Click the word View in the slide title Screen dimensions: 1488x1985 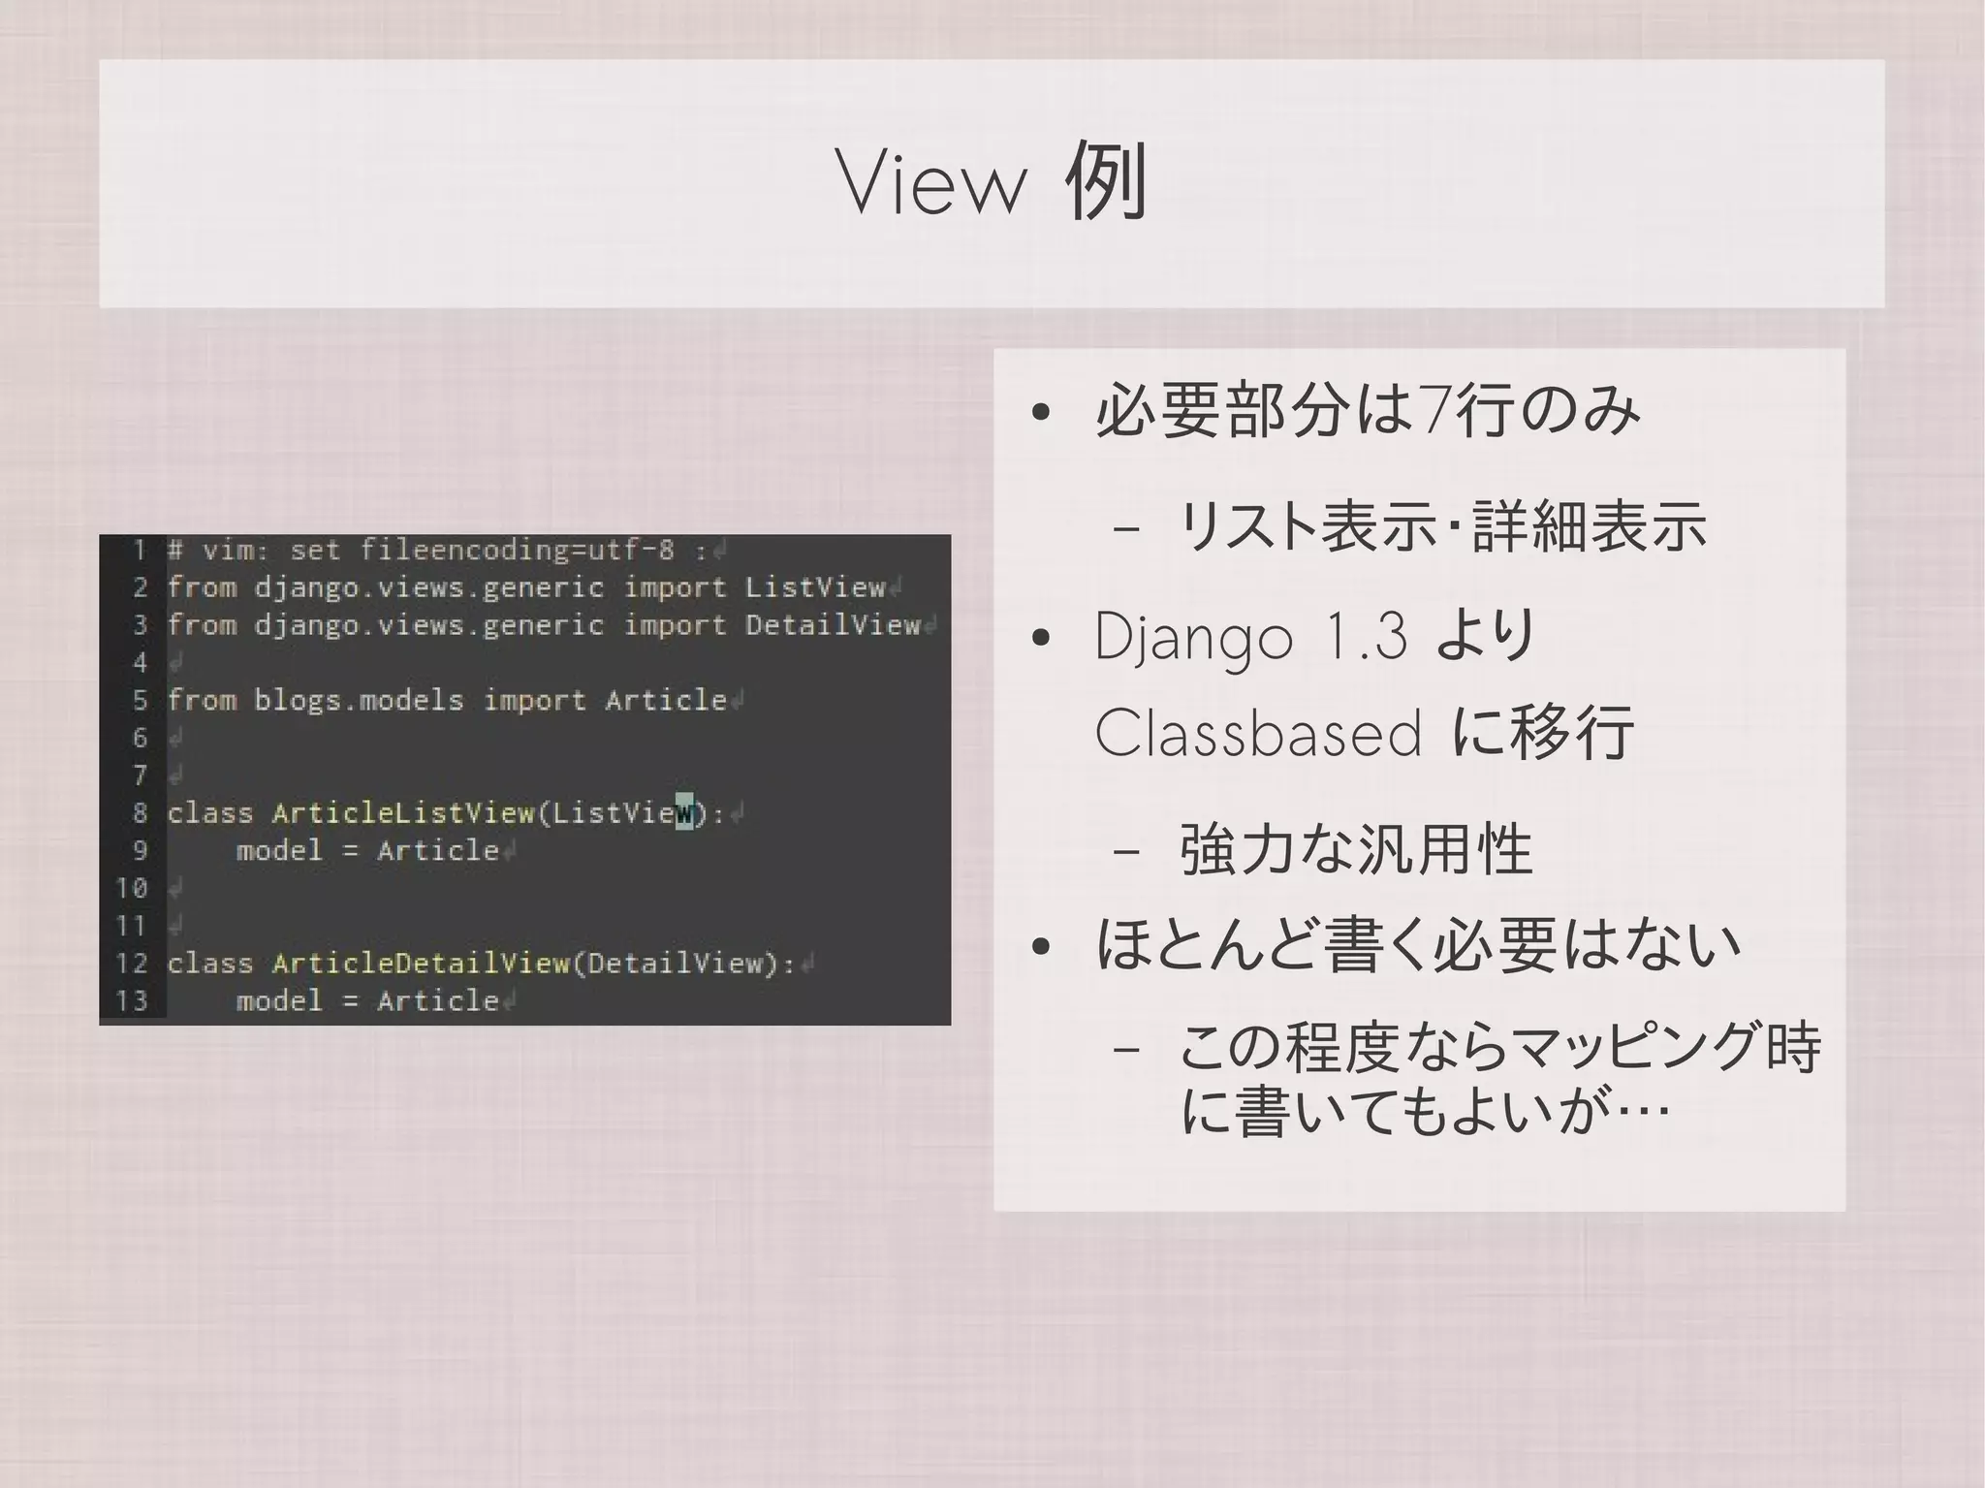coord(931,183)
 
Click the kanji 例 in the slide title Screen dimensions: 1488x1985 coord(1106,181)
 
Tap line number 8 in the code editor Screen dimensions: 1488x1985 coord(140,812)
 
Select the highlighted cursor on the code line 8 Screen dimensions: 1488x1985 coord(684,812)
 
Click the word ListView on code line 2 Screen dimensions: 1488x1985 coord(815,587)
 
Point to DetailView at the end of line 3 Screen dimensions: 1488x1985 coord(833,625)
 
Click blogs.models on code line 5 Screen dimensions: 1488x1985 coord(359,700)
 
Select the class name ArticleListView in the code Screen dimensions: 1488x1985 coord(402,812)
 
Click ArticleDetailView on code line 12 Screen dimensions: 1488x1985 coord(420,963)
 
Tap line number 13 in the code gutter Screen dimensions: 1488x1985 coord(132,1000)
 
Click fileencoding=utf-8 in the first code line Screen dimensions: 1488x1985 coord(517,551)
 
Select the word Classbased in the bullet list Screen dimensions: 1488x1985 coord(1257,734)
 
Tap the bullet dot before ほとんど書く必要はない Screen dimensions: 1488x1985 coord(1041,947)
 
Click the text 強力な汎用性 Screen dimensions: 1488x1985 coord(1355,850)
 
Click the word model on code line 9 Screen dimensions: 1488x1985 coord(279,850)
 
